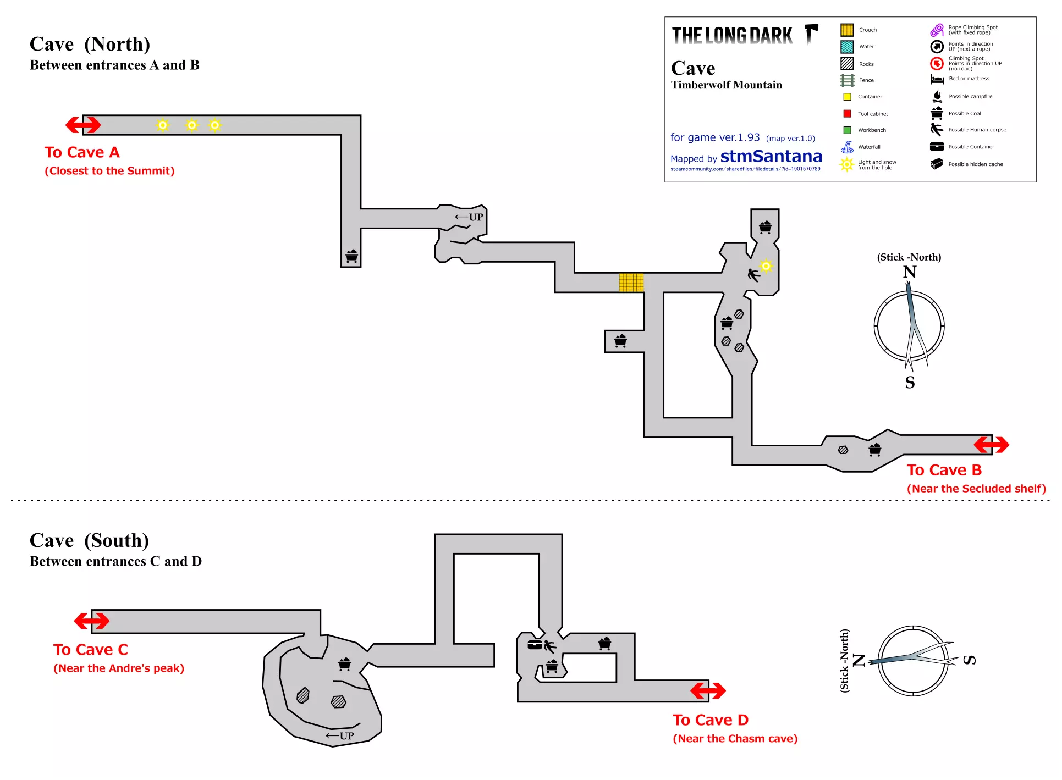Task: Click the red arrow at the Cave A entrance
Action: tap(83, 125)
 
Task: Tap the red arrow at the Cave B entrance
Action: tap(991, 445)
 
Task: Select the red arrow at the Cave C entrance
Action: tap(92, 621)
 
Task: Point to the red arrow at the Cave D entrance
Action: tap(708, 690)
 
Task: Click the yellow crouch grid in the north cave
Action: tap(631, 283)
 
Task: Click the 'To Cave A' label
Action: tap(82, 152)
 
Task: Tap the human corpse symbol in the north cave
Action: tap(753, 274)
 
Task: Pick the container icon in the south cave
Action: tap(535, 645)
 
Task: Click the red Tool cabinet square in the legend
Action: tap(847, 114)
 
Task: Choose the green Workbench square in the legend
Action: tap(847, 130)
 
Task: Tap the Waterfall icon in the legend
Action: tap(848, 147)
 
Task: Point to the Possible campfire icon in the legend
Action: tap(937, 96)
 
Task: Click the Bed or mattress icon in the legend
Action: tap(937, 80)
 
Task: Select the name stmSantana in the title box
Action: tap(771, 157)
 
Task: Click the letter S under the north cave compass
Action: tap(910, 383)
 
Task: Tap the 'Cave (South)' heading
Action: tap(90, 541)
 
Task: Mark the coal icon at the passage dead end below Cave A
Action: tap(351, 256)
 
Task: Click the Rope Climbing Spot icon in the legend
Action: tap(937, 30)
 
